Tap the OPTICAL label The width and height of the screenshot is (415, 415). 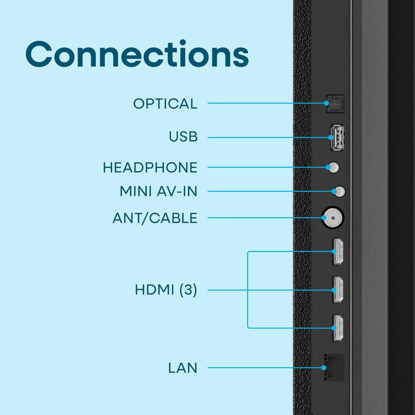[x=166, y=103]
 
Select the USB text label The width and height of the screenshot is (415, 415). [x=183, y=137]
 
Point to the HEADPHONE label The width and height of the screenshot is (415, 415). [x=150, y=168]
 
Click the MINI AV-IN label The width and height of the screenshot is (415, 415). [x=159, y=191]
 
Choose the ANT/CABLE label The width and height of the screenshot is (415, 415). [x=155, y=218]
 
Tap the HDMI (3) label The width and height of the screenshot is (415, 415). [x=166, y=290]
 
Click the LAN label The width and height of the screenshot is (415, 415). [x=183, y=368]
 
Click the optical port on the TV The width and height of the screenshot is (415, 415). [x=335, y=103]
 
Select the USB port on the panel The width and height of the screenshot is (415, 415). [x=337, y=138]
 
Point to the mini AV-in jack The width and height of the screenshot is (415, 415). [x=340, y=191]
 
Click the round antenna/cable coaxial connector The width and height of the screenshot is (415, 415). [x=333, y=218]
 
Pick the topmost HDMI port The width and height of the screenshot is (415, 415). [x=338, y=251]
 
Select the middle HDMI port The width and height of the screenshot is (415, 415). [x=338, y=290]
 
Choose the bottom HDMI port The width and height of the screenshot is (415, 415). [x=338, y=328]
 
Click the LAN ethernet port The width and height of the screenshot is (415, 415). [x=334, y=367]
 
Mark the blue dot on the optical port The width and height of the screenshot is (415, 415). [x=327, y=103]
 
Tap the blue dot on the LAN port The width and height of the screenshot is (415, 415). [x=324, y=368]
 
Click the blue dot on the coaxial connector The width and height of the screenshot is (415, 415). [x=324, y=218]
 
